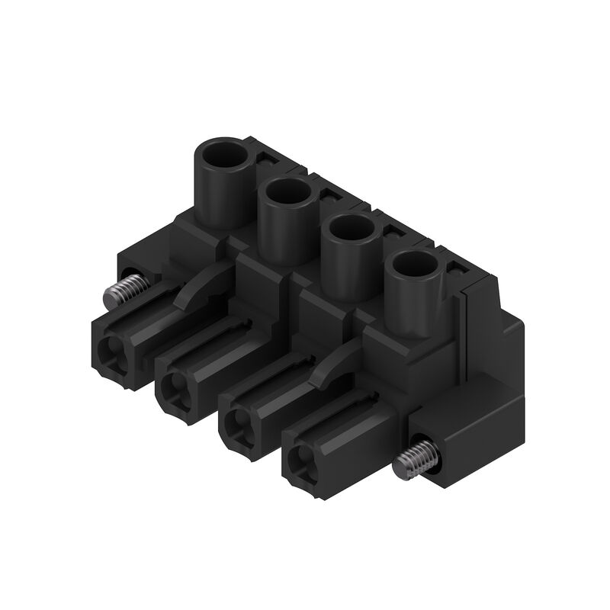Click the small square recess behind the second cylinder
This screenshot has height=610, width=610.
pyautogui.click(x=329, y=196)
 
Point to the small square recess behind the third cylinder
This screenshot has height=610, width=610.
pyautogui.click(x=393, y=233)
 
